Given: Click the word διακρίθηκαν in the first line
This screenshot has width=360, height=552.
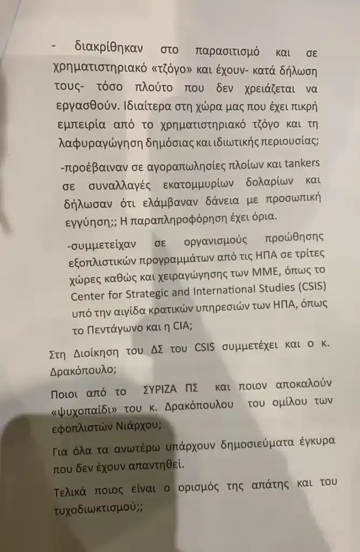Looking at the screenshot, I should (x=111, y=49).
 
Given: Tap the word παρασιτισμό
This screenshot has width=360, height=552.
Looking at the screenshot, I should (x=228, y=52).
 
